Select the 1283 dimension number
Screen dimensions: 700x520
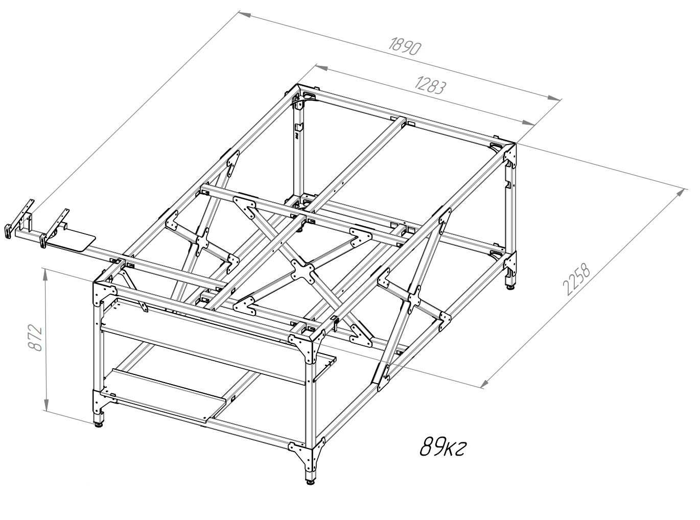tap(430, 85)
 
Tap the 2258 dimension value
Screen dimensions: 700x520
tap(576, 279)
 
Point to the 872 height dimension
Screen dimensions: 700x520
tap(35, 337)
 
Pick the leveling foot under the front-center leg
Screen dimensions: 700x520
tap(311, 482)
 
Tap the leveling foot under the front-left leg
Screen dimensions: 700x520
tap(99, 424)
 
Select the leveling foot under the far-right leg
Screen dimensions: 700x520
tap(510, 287)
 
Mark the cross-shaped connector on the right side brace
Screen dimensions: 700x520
tap(414, 299)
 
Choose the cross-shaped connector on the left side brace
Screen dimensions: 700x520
tap(202, 242)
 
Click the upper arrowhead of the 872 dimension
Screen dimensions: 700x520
tap(45, 274)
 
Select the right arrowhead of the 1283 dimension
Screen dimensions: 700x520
tap(528, 123)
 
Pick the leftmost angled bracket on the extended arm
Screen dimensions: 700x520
tap(19, 218)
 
